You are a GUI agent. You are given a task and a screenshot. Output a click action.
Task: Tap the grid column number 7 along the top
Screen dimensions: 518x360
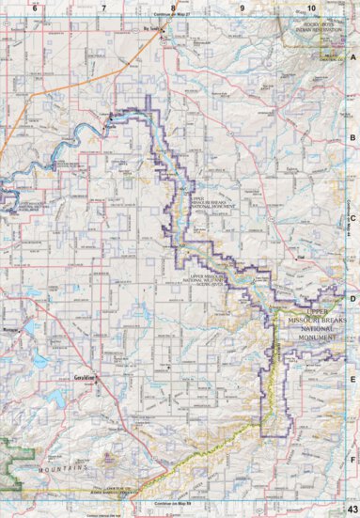point(102,7)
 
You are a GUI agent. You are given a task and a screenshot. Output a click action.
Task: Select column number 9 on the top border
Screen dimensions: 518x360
point(242,7)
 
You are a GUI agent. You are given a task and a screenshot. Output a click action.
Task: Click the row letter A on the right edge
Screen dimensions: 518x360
point(352,56)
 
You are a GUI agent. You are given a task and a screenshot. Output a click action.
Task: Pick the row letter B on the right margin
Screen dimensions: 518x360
point(352,137)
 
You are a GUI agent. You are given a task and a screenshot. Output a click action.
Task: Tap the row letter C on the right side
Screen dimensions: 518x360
point(352,218)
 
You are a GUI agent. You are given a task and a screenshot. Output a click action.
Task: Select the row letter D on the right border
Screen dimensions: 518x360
point(352,299)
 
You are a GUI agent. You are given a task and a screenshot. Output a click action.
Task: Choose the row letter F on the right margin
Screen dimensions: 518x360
point(352,460)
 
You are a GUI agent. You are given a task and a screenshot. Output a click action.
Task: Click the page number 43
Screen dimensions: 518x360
point(350,509)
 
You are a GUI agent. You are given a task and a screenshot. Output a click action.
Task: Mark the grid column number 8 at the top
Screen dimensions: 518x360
point(172,7)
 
